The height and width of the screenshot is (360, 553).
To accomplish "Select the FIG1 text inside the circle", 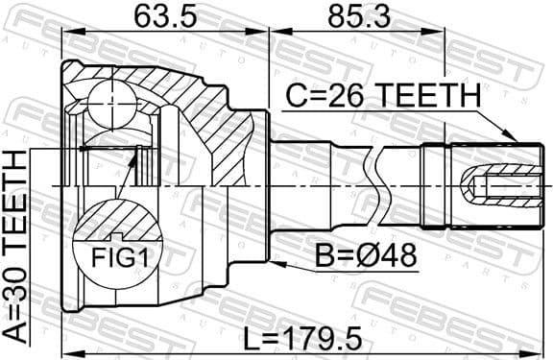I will [x=114, y=257].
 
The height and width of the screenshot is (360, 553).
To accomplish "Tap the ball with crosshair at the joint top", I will [x=113, y=100].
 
